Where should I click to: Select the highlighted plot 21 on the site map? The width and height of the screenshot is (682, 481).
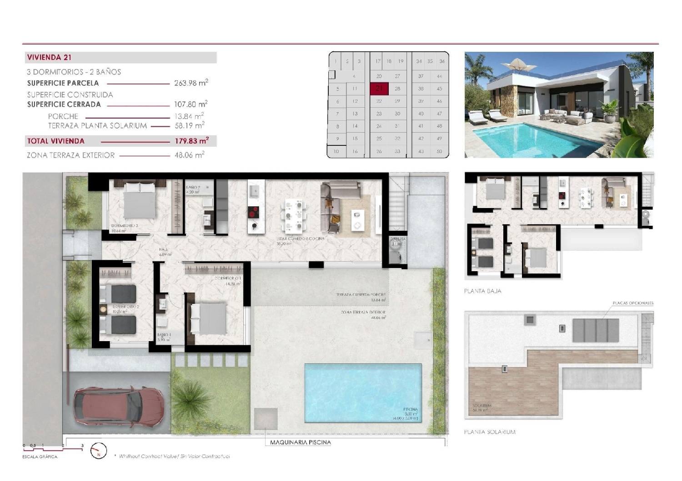tap(379, 89)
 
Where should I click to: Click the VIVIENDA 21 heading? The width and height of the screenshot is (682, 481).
tap(49, 57)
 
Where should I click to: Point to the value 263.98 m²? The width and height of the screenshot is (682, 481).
tap(191, 83)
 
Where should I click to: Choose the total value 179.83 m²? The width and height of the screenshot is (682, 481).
tap(191, 141)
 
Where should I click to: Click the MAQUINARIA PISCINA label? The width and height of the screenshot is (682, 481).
tap(301, 442)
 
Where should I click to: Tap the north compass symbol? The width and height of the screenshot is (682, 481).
tap(98, 451)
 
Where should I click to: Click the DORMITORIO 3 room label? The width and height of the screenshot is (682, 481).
tap(125, 226)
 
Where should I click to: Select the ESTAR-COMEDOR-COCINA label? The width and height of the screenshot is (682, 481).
tap(301, 238)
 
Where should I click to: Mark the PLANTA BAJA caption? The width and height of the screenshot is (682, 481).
tap(482, 291)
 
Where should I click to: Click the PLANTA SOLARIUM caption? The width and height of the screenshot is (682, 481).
tap(490, 432)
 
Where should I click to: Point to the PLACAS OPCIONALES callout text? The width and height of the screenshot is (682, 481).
tap(633, 303)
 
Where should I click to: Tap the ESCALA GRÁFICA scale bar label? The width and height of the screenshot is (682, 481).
tap(40, 456)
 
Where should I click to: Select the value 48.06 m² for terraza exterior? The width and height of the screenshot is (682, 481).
tap(189, 155)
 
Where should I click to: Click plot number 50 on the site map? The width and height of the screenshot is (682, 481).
tap(439, 151)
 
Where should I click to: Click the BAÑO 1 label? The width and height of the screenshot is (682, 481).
tap(164, 335)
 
